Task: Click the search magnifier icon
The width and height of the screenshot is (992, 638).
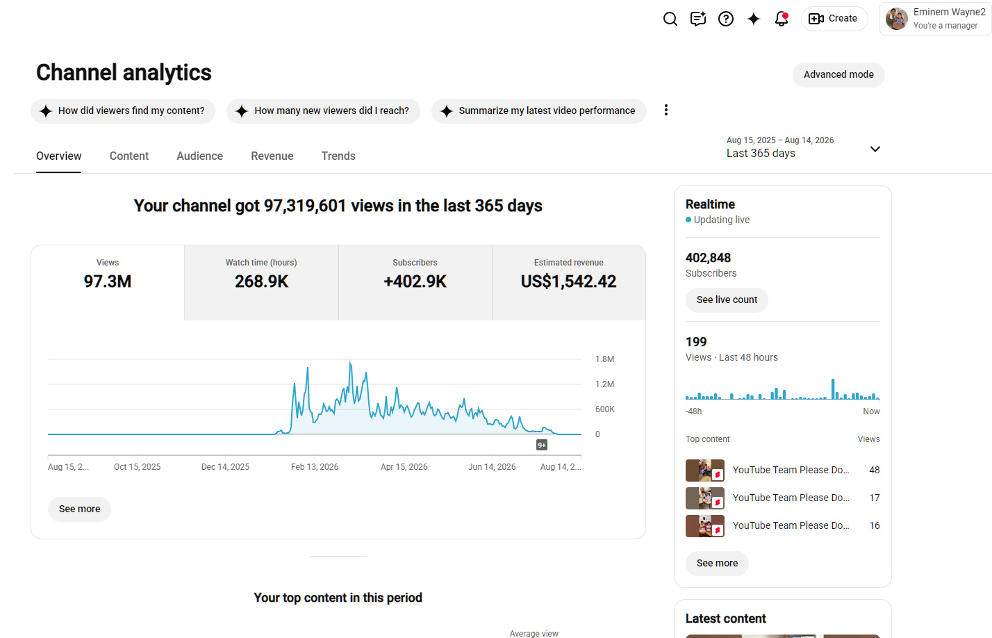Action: click(x=670, y=19)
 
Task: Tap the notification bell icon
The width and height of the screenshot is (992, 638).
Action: click(x=782, y=19)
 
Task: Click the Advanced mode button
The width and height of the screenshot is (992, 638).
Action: click(x=838, y=74)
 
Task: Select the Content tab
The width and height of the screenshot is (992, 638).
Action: click(x=129, y=156)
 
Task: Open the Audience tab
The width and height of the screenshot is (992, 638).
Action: click(x=200, y=156)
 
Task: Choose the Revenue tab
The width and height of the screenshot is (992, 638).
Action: click(x=272, y=156)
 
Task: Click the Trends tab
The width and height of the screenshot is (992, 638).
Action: click(x=338, y=156)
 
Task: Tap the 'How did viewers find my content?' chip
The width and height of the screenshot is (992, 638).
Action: click(x=123, y=111)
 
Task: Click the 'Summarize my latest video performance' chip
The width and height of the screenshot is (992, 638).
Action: click(x=538, y=111)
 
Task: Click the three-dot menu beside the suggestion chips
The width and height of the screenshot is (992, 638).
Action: click(x=666, y=110)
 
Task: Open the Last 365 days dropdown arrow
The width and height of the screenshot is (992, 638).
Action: click(x=875, y=149)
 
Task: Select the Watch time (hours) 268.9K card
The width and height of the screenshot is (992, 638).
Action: click(x=261, y=282)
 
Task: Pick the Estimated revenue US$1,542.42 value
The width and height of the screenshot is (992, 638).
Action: click(x=569, y=281)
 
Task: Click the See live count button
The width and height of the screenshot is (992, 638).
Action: click(x=727, y=300)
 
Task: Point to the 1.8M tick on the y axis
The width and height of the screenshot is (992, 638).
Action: click(x=604, y=359)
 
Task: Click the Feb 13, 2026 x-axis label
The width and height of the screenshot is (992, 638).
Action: click(x=315, y=467)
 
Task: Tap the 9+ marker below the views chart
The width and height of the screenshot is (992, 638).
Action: click(x=542, y=445)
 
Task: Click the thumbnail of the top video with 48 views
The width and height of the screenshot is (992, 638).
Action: click(x=705, y=470)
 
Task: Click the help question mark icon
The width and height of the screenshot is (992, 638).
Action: click(x=726, y=19)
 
